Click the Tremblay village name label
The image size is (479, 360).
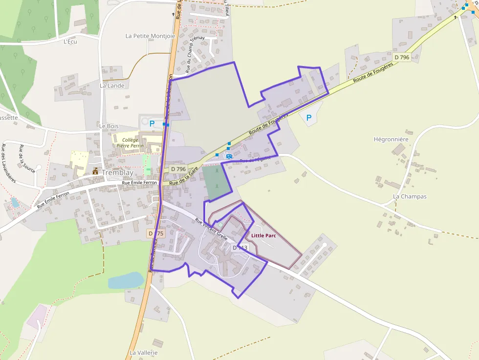117,172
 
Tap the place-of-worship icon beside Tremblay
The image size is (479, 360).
95,171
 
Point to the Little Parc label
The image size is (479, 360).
264,235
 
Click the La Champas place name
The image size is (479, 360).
410,197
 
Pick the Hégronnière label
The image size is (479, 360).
391,139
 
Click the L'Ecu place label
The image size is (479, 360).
70,42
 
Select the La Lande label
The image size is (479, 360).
112,85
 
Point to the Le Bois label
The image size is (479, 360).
109,126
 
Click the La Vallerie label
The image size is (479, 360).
143,352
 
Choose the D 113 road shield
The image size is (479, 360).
240,248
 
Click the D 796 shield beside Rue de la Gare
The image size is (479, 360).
178,169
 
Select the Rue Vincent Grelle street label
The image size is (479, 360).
211,229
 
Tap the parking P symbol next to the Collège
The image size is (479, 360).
152,124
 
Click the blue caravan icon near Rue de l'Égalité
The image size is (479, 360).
229,156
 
